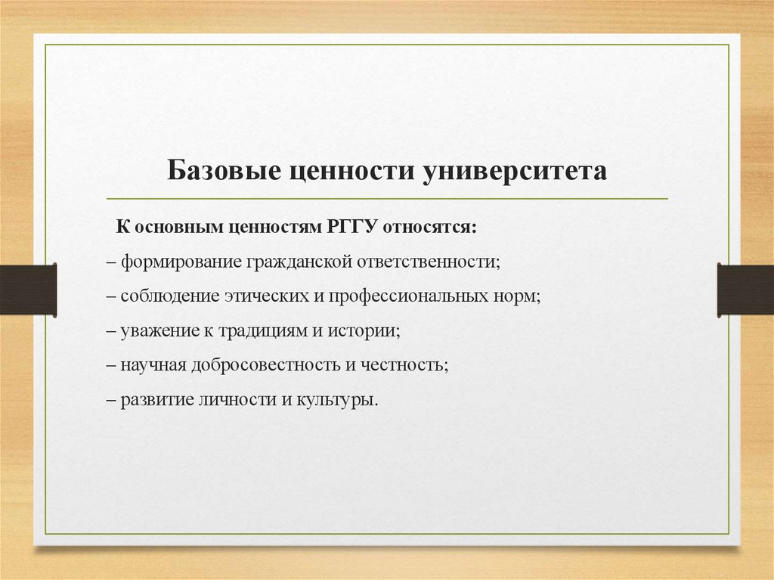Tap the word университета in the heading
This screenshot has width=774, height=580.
[x=515, y=171]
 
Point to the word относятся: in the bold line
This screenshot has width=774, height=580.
[x=432, y=227]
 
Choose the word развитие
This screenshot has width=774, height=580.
[x=154, y=400]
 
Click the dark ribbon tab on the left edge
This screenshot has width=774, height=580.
[x=28, y=290]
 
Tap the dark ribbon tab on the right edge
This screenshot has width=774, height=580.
[x=745, y=290]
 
